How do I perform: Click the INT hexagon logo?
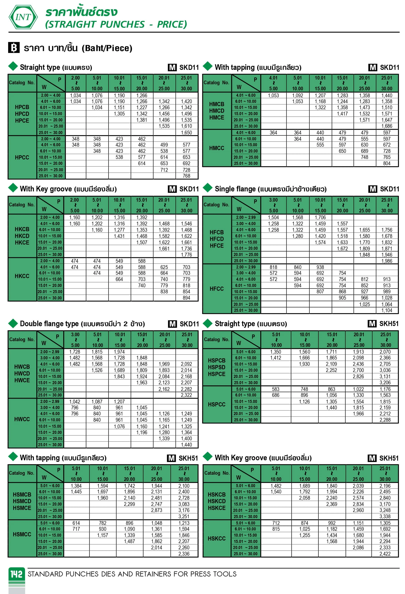point(23,17)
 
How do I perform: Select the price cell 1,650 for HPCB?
point(186,132)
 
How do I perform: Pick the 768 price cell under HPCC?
point(186,176)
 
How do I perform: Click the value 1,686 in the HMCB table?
point(387,126)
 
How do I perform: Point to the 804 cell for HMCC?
point(387,163)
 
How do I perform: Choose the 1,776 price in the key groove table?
point(186,255)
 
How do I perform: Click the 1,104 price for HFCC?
point(387,310)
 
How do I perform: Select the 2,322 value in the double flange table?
point(186,395)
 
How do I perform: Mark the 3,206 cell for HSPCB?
point(385,383)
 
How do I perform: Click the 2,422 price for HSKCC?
point(385,554)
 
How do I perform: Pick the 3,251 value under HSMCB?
point(184,516)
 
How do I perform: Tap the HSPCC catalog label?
point(216,404)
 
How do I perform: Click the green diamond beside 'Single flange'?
point(208,188)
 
